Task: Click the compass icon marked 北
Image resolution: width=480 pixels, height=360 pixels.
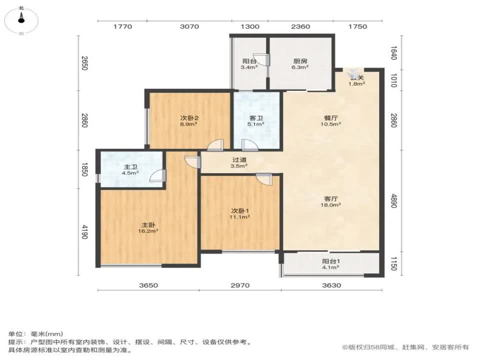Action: click(21, 18)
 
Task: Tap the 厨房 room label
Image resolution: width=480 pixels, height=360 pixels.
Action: click(300, 61)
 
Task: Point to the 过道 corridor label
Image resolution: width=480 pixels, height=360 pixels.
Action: click(239, 160)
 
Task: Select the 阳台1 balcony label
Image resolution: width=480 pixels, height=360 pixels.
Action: click(331, 261)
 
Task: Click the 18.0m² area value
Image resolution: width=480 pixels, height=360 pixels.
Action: click(331, 204)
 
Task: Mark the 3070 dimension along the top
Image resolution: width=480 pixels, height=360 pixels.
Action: click(189, 26)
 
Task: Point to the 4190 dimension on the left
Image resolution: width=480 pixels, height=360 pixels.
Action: click(85, 232)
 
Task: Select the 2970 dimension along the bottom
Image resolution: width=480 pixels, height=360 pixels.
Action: click(240, 285)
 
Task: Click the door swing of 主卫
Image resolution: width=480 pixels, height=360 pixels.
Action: click(158, 176)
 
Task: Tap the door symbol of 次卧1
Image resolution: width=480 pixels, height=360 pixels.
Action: click(263, 178)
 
